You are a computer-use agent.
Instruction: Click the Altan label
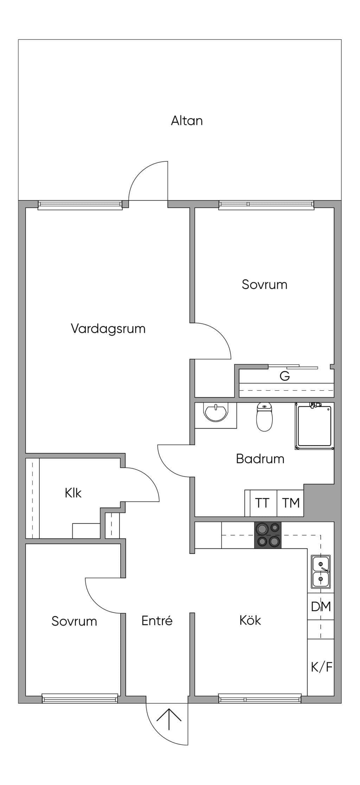[x=187, y=121]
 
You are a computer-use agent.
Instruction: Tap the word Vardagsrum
[x=108, y=329]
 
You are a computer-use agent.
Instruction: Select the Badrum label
[x=260, y=459]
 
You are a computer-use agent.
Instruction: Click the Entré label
[x=157, y=620]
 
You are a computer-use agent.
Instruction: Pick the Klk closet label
[x=73, y=493]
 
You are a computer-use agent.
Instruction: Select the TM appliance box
[x=290, y=503]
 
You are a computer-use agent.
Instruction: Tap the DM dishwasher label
[x=321, y=606]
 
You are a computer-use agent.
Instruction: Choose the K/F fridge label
[x=322, y=667]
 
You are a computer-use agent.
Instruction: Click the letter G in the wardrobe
[x=285, y=376]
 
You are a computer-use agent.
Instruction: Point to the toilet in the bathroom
[x=264, y=417]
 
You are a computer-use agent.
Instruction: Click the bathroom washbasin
[x=215, y=413]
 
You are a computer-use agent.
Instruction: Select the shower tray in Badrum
[x=314, y=426]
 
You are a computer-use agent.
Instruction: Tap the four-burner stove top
[x=268, y=535]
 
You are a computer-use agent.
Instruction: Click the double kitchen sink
[x=321, y=572]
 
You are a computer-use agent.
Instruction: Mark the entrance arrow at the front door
[x=169, y=720]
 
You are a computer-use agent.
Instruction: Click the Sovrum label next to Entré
[x=74, y=621]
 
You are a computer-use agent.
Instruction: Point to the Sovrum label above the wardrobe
[x=264, y=284]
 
